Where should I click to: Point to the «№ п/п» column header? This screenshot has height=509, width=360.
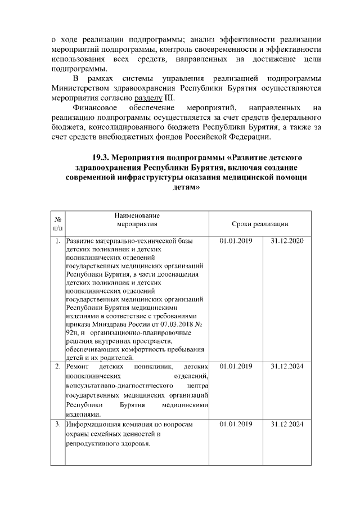tap(58, 223)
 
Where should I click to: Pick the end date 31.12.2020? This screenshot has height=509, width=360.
tap(287, 241)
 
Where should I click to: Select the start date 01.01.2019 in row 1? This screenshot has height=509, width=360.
tap(236, 241)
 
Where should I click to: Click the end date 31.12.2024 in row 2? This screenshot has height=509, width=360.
tap(287, 367)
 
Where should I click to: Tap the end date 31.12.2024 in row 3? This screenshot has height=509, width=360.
tap(287, 424)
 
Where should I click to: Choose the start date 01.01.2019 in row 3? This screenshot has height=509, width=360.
tap(236, 424)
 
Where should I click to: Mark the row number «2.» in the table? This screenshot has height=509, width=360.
tap(58, 367)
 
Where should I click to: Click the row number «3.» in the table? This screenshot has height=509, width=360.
tap(58, 424)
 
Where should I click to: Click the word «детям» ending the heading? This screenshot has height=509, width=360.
tap(188, 188)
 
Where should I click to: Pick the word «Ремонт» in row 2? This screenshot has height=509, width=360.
tap(78, 367)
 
